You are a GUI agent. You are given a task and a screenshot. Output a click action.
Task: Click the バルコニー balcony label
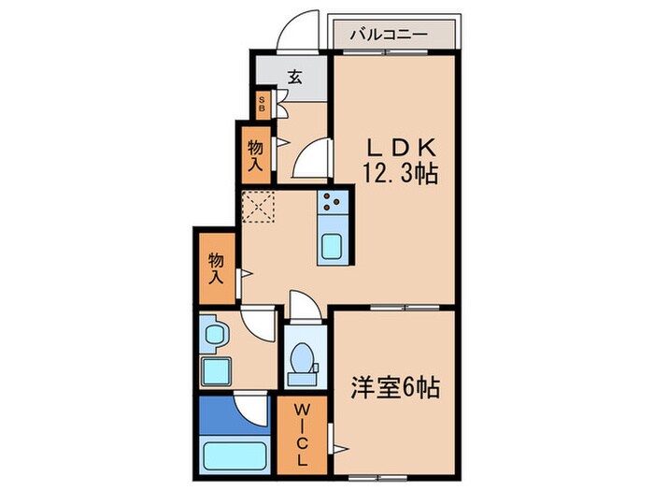coord(389,34)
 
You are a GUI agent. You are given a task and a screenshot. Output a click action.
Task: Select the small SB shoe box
coord(263,103)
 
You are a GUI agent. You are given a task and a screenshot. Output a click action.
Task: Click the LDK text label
coord(401,149)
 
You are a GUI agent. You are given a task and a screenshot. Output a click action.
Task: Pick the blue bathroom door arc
coord(250,409)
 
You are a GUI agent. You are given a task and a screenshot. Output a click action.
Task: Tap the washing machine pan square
coord(217,372)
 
